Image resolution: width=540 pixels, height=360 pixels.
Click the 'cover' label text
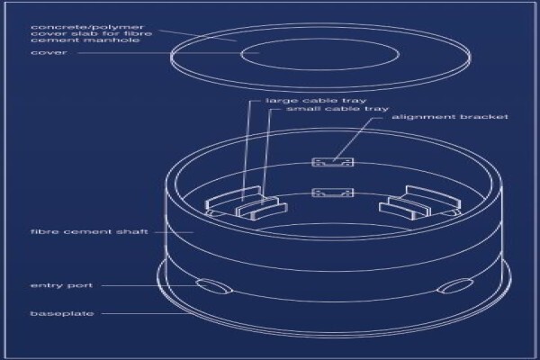tap(49, 53)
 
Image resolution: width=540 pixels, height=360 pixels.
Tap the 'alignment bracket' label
tap(450, 117)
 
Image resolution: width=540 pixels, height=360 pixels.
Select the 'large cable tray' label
tap(316, 101)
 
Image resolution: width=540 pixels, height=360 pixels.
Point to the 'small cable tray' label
tap(337, 109)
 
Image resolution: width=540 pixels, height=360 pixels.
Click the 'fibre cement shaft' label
tap(89, 231)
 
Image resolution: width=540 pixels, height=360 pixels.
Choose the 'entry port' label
tap(61, 285)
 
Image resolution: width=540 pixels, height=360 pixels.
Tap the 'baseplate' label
tap(62, 313)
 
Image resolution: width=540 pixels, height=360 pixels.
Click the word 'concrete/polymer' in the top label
tap(87, 27)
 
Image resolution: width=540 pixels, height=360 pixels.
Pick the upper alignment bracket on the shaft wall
tap(333, 162)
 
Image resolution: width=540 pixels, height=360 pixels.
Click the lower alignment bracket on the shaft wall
tap(333, 193)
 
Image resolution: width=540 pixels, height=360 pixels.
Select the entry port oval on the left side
tap(214, 286)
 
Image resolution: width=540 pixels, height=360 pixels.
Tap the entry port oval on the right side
tap(454, 286)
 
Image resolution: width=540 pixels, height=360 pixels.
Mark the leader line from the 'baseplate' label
tap(148, 313)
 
